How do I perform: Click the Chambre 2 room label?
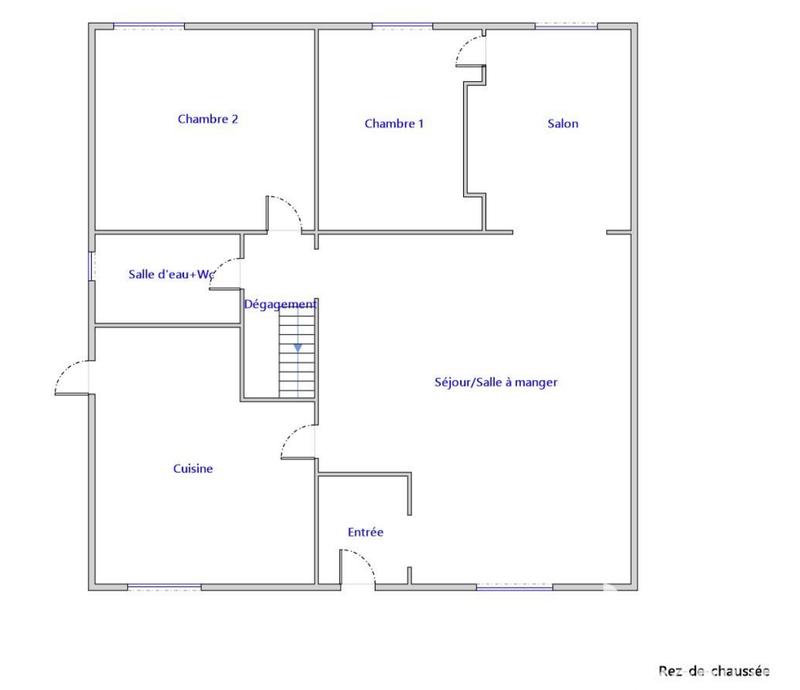coord(207,119)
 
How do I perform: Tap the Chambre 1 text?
coord(394,124)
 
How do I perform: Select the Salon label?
coord(562,124)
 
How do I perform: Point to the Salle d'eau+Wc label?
coord(172,274)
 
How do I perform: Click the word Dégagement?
coord(280,304)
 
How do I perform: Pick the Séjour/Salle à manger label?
coord(496,382)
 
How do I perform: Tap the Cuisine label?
coord(193,468)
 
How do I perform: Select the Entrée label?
coord(365,533)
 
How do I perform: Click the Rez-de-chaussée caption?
coord(713,671)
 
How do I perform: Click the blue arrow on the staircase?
coord(298,347)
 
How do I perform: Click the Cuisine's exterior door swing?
coord(72,377)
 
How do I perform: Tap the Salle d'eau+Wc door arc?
coord(226,275)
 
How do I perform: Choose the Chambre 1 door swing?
coord(470,50)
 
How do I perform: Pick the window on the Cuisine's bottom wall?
coord(164,588)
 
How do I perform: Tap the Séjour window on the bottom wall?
coord(514,588)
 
